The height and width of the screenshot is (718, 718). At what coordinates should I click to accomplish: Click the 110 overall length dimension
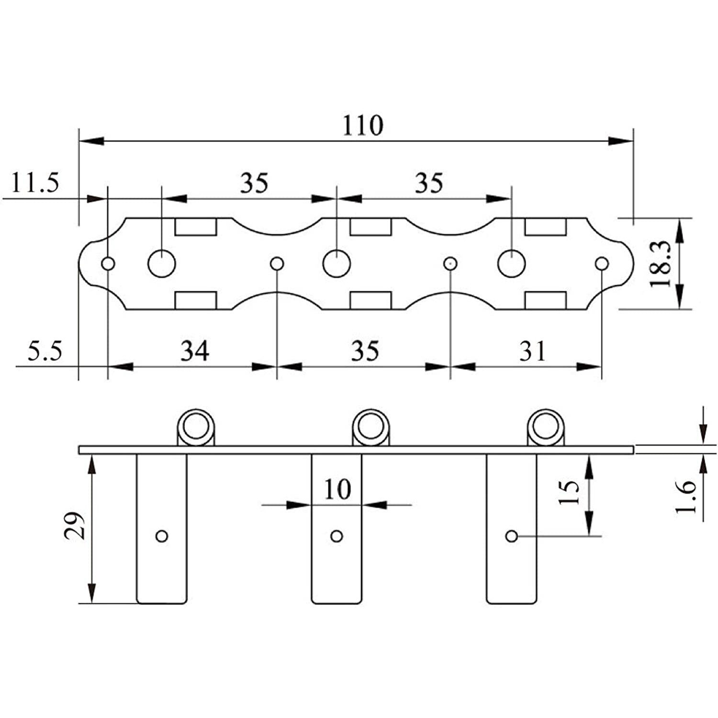tap(363, 125)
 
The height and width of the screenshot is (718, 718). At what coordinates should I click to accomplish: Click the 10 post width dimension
tap(337, 489)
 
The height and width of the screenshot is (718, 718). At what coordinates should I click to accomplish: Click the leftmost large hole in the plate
tap(162, 263)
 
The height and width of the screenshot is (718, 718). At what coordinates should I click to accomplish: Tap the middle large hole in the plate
tap(337, 263)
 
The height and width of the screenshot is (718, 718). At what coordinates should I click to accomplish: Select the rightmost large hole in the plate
tap(512, 263)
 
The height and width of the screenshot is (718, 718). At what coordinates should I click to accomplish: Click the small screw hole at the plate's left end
tap(108, 263)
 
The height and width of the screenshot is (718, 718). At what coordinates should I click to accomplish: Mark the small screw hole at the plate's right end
tap(602, 263)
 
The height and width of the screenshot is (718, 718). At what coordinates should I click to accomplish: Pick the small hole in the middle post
tap(337, 536)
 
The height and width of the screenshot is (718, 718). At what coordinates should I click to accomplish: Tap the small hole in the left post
tap(162, 536)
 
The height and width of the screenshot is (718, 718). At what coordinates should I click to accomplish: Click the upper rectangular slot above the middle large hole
tap(371, 227)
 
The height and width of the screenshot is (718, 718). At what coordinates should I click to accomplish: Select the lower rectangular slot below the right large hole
tap(546, 301)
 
